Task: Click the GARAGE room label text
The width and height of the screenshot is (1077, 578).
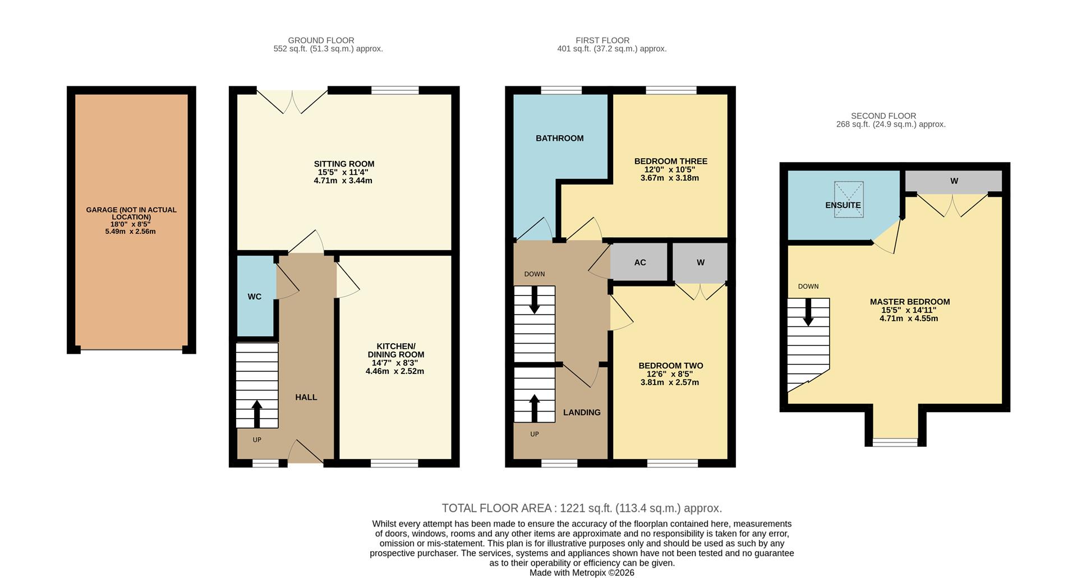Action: [131, 213]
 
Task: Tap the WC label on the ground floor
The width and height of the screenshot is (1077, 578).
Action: [255, 297]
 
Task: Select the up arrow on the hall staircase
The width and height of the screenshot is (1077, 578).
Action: [257, 413]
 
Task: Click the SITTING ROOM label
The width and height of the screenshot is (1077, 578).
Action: [344, 164]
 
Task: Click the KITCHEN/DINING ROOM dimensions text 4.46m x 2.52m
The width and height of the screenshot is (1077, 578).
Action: [395, 371]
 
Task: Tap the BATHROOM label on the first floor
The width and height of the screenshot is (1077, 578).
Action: [559, 138]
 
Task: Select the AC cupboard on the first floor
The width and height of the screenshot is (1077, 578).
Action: [639, 262]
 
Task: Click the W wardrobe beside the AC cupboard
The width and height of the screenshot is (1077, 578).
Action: [700, 262]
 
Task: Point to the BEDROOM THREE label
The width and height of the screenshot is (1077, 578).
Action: [670, 161]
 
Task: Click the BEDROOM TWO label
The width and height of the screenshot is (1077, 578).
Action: [670, 366]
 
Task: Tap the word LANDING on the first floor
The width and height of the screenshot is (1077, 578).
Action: [582, 413]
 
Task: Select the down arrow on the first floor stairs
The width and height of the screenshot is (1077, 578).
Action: [534, 300]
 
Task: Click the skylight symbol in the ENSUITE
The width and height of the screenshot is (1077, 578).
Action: [849, 199]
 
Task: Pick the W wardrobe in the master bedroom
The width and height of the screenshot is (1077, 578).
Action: [954, 181]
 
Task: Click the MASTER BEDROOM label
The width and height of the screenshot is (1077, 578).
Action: [909, 302]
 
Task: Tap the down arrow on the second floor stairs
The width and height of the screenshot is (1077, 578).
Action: [808, 312]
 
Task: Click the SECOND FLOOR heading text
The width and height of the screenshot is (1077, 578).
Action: [883, 116]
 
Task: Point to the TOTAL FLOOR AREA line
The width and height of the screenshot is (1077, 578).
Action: [582, 508]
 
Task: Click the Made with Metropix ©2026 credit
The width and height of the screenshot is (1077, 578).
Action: [582, 573]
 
